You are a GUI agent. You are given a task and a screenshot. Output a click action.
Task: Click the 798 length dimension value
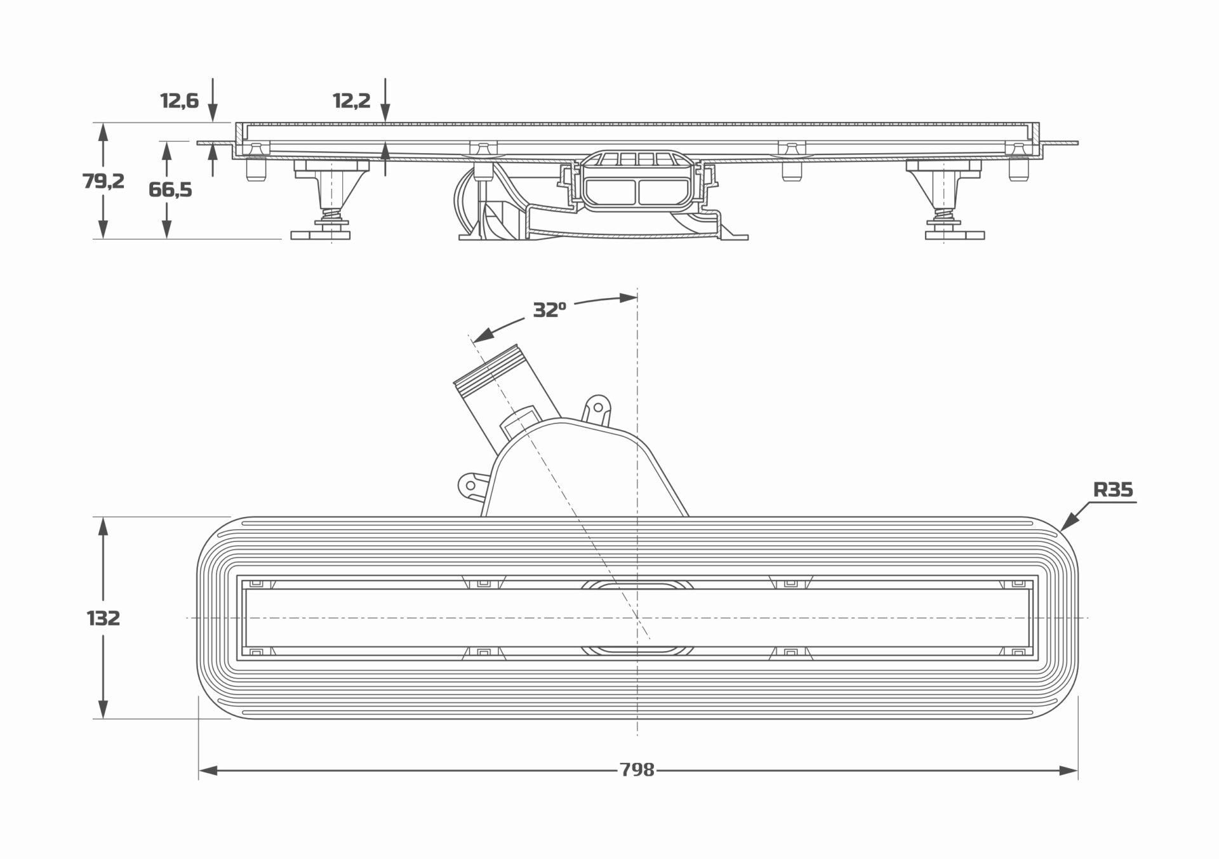coord(637,770)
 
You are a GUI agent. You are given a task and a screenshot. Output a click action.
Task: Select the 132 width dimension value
coord(103,618)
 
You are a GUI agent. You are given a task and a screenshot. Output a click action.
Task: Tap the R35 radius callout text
coord(1113,490)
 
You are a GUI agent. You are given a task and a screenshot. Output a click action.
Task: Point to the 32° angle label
coord(549,310)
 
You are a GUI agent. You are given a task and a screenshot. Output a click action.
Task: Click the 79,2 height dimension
coord(103,181)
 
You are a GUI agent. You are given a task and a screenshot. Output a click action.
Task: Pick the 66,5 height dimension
coord(170,189)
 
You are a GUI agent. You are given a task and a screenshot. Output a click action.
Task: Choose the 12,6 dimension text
coord(180,100)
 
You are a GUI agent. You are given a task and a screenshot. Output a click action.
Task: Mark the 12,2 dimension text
coord(352,100)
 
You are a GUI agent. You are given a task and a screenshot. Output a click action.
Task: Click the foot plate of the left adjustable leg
coord(320,235)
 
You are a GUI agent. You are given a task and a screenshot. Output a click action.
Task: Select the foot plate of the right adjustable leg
coord(954,235)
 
